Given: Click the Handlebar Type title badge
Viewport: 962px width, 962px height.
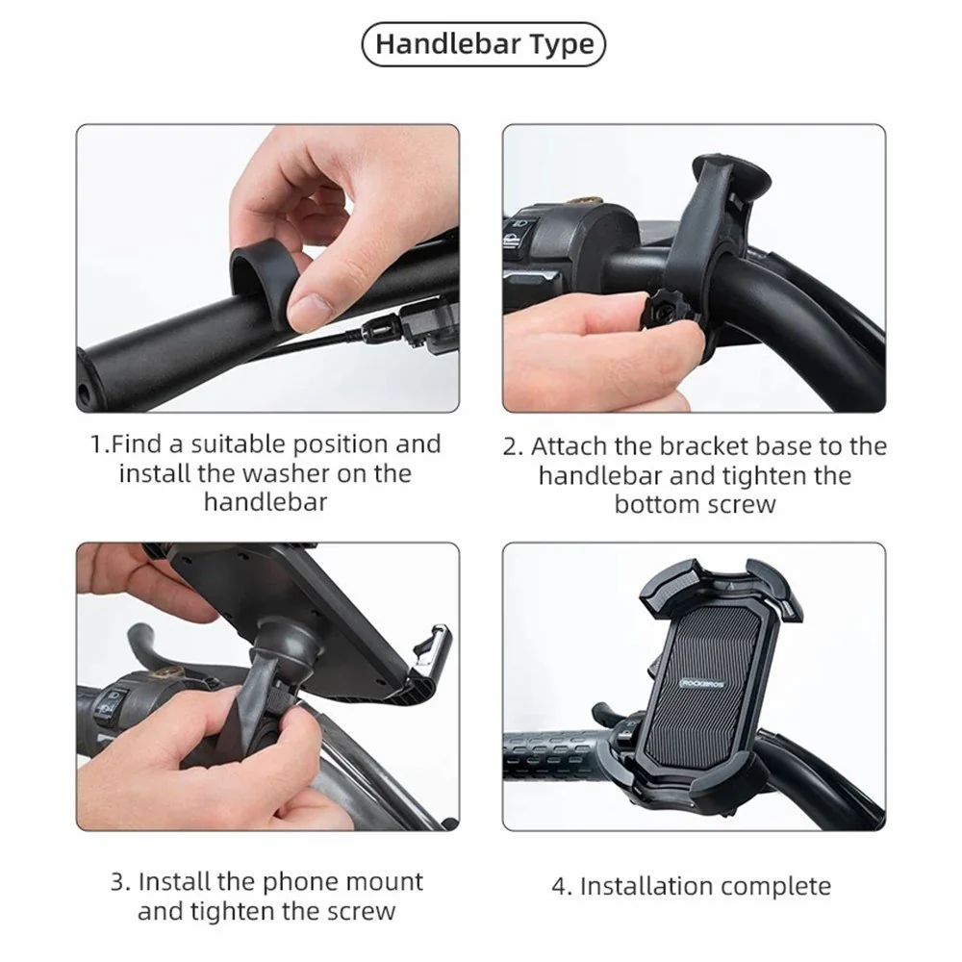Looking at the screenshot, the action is tap(484, 44).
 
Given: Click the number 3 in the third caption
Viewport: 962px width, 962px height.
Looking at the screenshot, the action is tap(119, 881).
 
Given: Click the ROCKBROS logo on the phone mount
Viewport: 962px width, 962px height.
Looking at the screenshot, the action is tap(702, 683).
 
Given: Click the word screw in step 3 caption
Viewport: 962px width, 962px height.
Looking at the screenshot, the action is tap(360, 912).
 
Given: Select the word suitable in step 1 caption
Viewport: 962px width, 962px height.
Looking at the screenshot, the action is tap(238, 444).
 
